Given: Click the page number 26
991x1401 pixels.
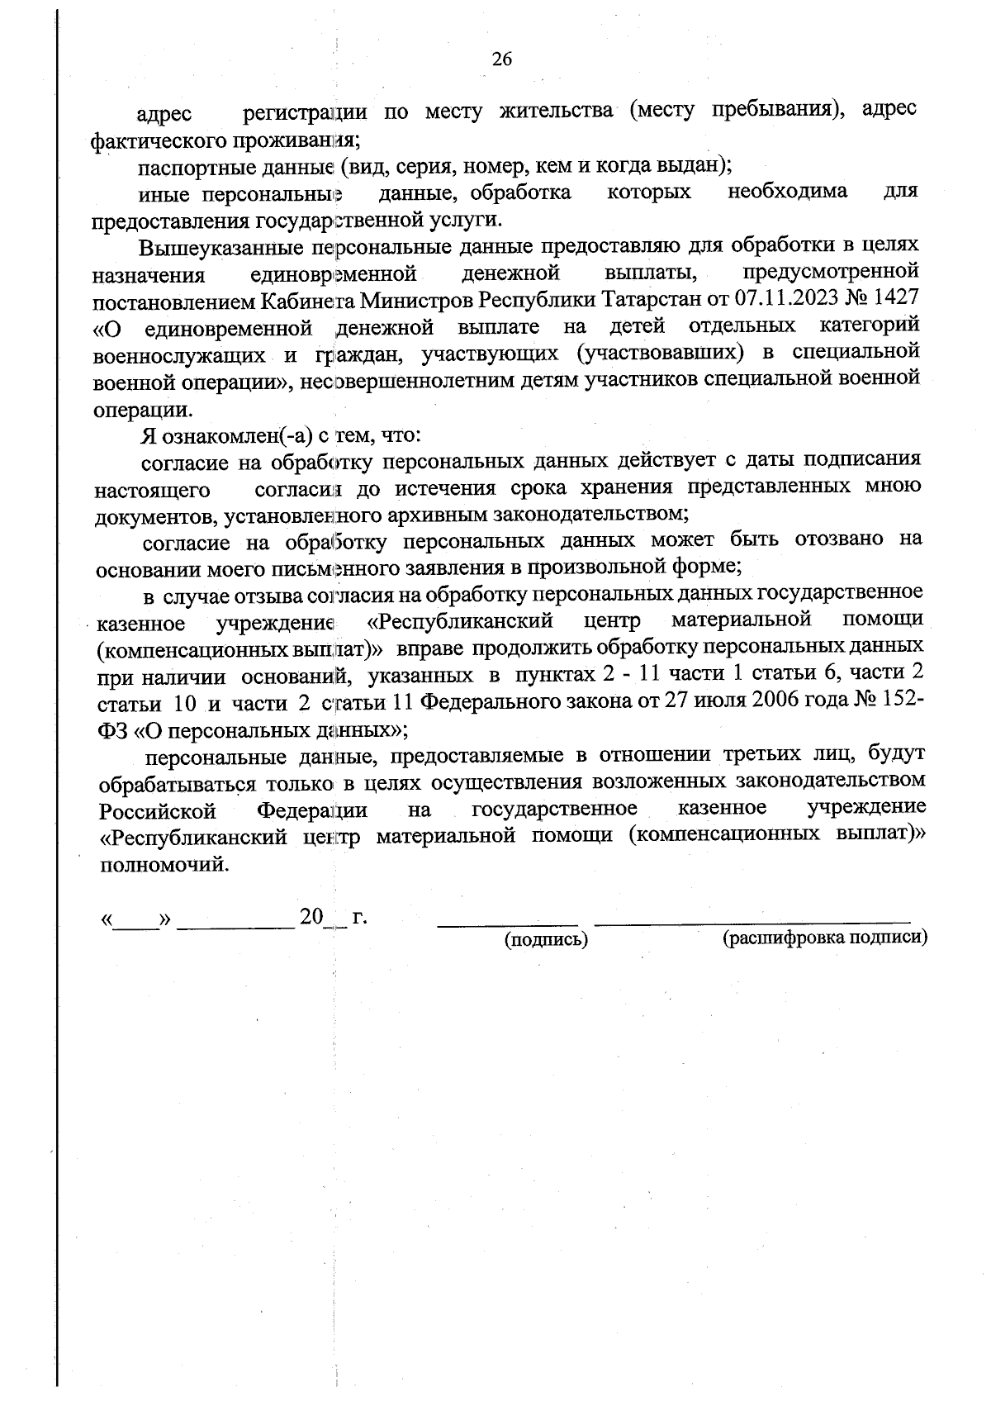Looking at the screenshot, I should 502,59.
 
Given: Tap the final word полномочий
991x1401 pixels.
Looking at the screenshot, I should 162,865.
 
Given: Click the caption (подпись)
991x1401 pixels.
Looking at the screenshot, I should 546,939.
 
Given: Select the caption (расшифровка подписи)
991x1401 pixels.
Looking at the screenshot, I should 825,938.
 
